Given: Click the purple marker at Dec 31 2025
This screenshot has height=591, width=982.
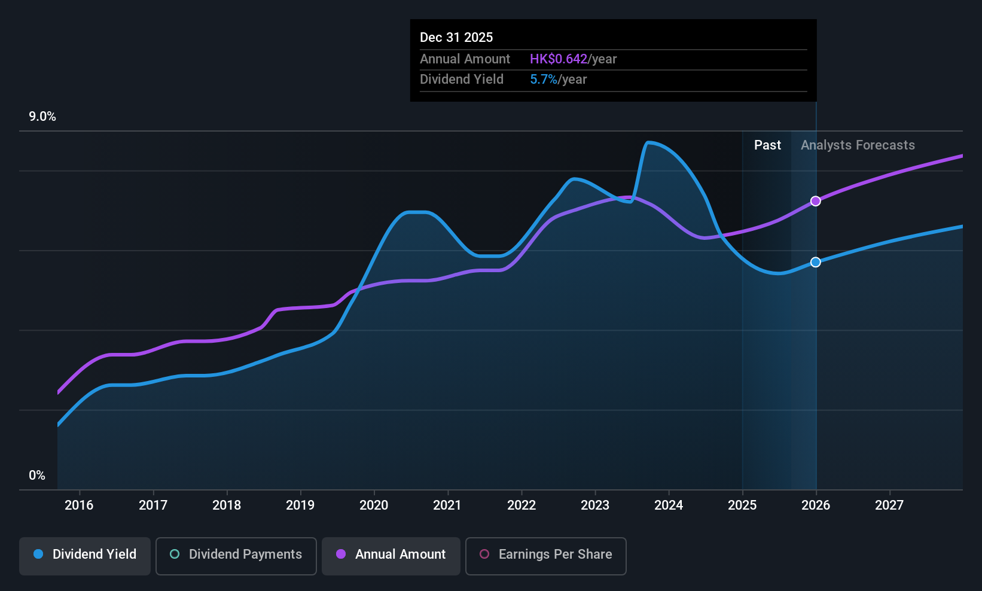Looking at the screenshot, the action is tap(815, 201).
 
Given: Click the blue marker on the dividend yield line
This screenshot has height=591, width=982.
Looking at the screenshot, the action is tap(815, 262).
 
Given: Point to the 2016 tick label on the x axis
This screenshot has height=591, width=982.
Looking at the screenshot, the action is tap(79, 505).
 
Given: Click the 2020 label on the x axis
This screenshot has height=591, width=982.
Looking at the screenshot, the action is tap(374, 505).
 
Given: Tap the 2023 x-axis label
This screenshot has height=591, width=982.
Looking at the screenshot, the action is tap(595, 505).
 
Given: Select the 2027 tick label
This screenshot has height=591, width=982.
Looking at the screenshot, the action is tap(889, 505).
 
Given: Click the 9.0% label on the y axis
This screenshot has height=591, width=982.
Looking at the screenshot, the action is tap(42, 117).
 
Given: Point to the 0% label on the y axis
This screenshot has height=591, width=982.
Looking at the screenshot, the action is tap(37, 476).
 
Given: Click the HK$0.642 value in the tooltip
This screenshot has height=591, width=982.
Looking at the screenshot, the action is tap(559, 59).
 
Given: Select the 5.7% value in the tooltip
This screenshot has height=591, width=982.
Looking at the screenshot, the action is tap(544, 80).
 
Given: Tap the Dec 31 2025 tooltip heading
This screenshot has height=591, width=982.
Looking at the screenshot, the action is tap(456, 38).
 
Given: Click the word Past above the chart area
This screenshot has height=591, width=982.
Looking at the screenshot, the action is tap(768, 145).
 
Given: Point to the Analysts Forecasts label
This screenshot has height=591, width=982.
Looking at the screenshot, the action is tap(858, 145).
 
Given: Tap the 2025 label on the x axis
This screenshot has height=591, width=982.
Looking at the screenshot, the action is tap(742, 505).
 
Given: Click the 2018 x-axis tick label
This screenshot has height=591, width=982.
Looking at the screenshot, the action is tap(227, 505).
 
